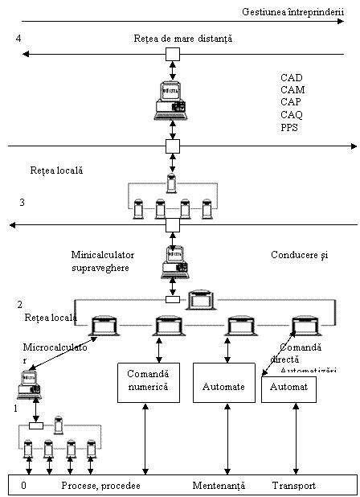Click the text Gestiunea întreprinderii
[292, 11]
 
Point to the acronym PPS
[289, 127]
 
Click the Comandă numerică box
[145, 380]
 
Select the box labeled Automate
[223, 387]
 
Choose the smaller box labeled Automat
[288, 387]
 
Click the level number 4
[19, 39]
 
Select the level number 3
[22, 202]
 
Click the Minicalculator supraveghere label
[103, 261]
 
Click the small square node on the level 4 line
[172, 54]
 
